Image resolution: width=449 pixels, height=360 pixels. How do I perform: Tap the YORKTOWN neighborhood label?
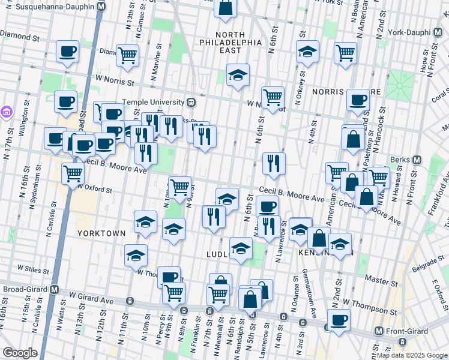[x=101, y=233]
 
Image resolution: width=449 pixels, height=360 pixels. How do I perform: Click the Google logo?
[x=20, y=353]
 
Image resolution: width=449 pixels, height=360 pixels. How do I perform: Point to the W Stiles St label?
[x=33, y=268]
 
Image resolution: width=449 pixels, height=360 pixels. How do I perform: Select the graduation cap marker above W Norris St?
[x=238, y=75]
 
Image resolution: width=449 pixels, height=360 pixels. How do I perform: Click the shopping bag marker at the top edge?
[x=225, y=8]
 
